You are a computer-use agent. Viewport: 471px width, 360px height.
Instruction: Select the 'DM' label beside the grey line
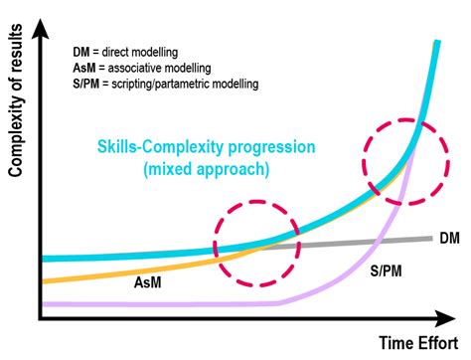click(448, 239)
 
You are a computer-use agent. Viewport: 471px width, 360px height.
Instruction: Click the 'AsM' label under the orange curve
click(149, 283)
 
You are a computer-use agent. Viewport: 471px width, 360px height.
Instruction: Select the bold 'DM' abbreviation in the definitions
click(81, 51)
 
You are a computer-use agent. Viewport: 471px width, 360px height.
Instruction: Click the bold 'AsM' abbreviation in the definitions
click(85, 68)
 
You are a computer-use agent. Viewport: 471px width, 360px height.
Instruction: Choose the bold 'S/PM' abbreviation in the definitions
click(89, 84)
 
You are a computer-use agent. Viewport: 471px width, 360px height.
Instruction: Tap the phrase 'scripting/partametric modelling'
click(187, 84)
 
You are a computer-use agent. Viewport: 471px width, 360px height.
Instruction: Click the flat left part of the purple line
click(149, 303)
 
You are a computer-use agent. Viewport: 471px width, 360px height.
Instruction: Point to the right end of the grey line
click(429, 238)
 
